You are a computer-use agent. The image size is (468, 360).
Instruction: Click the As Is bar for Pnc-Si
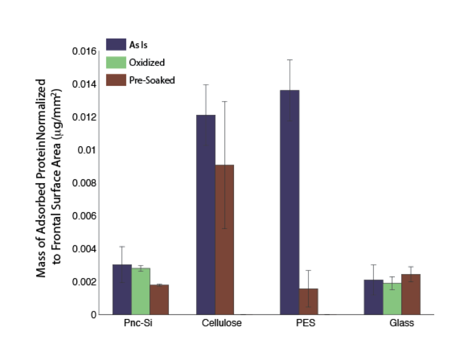click(x=122, y=289)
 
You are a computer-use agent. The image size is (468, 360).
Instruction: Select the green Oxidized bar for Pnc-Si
click(x=141, y=291)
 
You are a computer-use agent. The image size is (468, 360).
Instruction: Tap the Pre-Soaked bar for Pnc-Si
click(x=160, y=299)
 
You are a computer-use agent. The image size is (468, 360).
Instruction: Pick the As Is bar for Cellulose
click(x=206, y=214)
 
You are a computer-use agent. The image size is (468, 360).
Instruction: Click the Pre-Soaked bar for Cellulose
click(x=224, y=239)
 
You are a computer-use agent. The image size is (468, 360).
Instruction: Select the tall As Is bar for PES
click(x=289, y=202)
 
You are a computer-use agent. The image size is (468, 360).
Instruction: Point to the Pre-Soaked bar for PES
click(x=308, y=301)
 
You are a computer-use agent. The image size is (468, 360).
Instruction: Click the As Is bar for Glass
click(x=373, y=297)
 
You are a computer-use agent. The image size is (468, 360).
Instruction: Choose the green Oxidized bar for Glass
click(x=392, y=299)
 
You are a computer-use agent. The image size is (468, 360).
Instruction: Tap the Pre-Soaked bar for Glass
click(x=411, y=294)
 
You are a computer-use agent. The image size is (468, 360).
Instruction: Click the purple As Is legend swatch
click(x=116, y=44)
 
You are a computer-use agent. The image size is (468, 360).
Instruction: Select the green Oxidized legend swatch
click(x=116, y=62)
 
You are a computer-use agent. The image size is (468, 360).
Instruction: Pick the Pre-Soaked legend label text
click(x=152, y=80)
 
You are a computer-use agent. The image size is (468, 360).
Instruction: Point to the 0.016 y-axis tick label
click(x=84, y=51)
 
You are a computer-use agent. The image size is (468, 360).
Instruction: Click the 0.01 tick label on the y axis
click(x=87, y=150)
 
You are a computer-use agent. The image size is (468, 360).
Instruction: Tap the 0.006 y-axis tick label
click(x=84, y=216)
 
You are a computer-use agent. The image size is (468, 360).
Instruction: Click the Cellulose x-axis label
click(x=222, y=323)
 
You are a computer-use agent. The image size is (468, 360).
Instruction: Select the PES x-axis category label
click(x=306, y=323)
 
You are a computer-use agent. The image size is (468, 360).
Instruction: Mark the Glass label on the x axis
click(x=402, y=323)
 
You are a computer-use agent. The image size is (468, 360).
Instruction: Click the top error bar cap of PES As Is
click(x=289, y=60)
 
